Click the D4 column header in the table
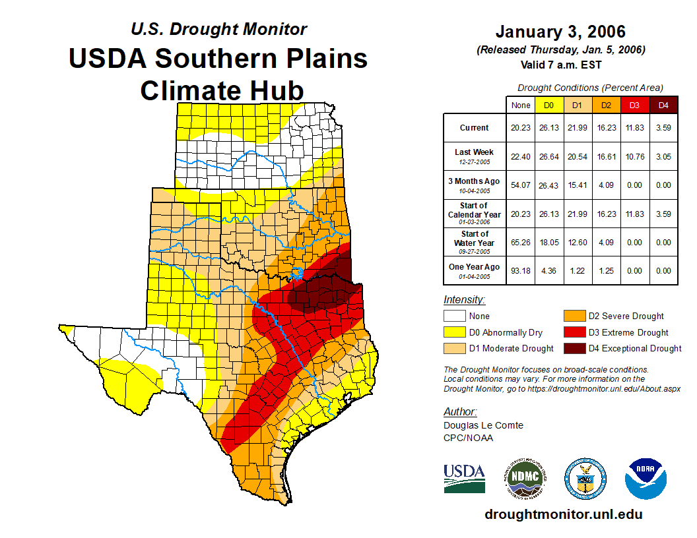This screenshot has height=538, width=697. click(663, 105)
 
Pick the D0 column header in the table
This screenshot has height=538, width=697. click(548, 105)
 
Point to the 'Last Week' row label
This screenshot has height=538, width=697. click(474, 156)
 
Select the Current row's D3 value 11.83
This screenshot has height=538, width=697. click(635, 128)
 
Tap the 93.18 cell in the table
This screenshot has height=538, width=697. click(521, 270)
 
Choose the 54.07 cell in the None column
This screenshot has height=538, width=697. click(521, 185)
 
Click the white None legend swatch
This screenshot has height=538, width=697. click(454, 316)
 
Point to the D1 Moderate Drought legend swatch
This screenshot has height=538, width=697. click(454, 348)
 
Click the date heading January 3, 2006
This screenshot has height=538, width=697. click(560, 32)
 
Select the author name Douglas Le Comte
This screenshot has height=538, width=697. click(483, 425)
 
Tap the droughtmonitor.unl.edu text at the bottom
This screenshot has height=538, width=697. click(563, 514)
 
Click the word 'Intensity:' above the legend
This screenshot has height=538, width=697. click(464, 300)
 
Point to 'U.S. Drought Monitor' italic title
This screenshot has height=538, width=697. click(218, 29)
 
